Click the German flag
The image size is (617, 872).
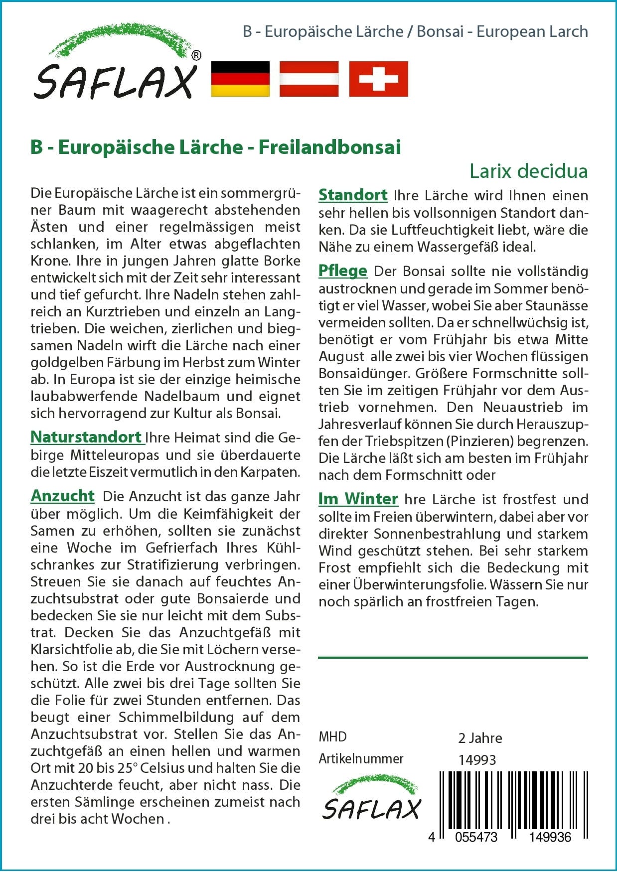coord(240,79)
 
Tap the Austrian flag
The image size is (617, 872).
coord(309,79)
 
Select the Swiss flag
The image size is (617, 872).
coord(378,79)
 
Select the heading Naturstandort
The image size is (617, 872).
coord(86,437)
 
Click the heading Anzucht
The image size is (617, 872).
coord(62,496)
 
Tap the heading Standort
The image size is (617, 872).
coord(353,195)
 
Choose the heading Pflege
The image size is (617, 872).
coord(342,271)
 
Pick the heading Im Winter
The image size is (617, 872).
coord(358,499)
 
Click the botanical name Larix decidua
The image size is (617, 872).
coord(528,171)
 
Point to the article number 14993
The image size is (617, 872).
coord(477,760)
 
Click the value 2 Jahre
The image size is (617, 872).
coord(480,738)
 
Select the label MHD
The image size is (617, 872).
coord(332,737)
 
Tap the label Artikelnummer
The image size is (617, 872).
coord(361,759)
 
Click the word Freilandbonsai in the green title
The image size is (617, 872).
coord(329,147)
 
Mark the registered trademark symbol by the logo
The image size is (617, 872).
coord(196,56)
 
